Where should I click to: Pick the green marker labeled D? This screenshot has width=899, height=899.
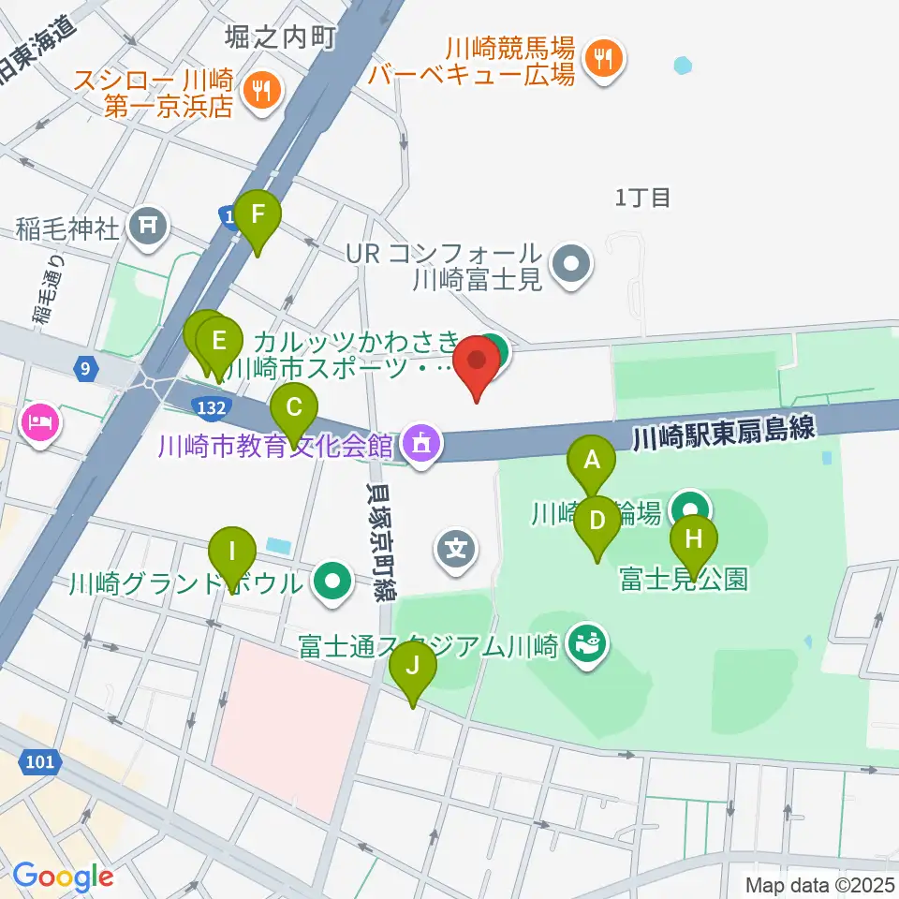[597, 521]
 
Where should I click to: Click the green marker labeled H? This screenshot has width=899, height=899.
[693, 541]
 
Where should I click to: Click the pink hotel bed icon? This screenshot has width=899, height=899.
[39, 424]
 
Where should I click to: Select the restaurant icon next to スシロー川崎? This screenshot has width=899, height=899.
[258, 90]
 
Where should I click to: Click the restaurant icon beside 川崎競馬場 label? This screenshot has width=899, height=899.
[598, 60]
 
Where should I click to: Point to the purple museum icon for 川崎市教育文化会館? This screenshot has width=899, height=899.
[422, 442]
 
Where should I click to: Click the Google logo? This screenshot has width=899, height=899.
[63, 877]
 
